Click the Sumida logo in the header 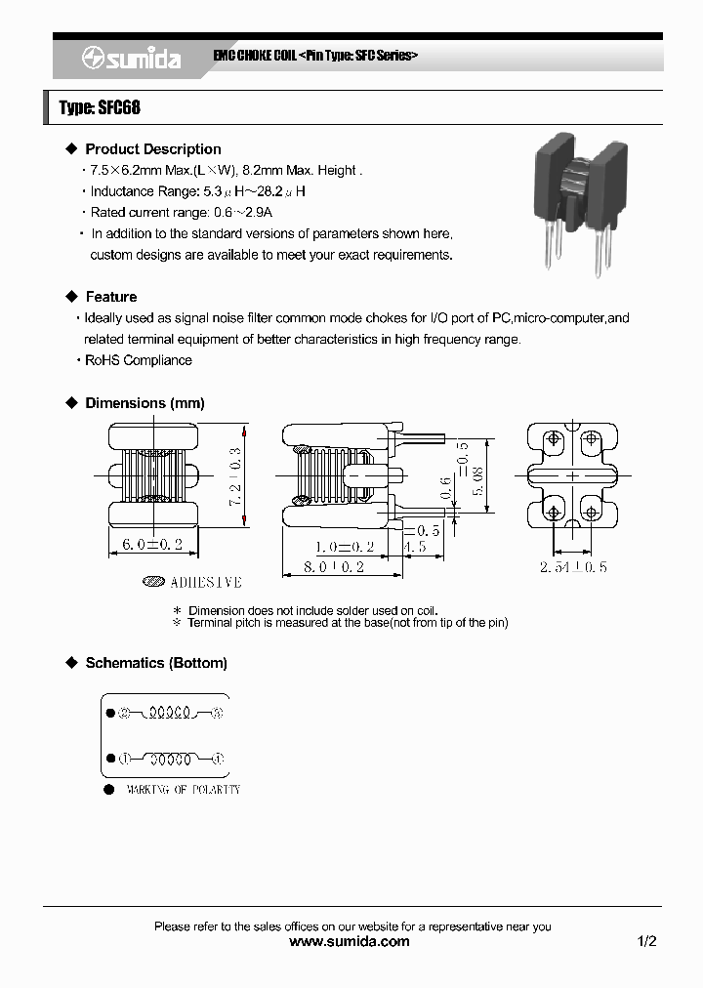tap(131, 59)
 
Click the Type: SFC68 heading tap(100, 107)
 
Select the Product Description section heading tap(152, 149)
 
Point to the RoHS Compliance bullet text tap(138, 360)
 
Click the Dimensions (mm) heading tap(145, 403)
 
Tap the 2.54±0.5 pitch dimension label tap(572, 566)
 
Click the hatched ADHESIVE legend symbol tap(153, 582)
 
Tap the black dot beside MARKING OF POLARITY tap(108, 789)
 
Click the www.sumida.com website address tap(351, 942)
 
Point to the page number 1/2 tap(646, 942)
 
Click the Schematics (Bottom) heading tap(156, 663)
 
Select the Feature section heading tap(110, 297)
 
